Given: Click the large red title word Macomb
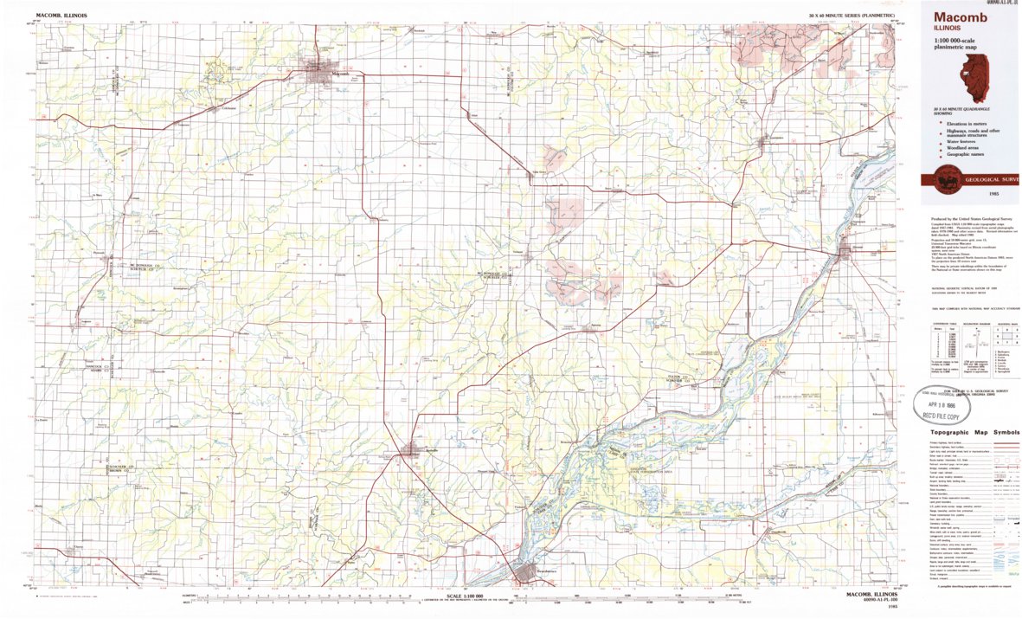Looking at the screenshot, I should [x=955, y=18].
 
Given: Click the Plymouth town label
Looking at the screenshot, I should [x=98, y=253].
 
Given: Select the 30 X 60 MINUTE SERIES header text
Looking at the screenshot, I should [x=852, y=16].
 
